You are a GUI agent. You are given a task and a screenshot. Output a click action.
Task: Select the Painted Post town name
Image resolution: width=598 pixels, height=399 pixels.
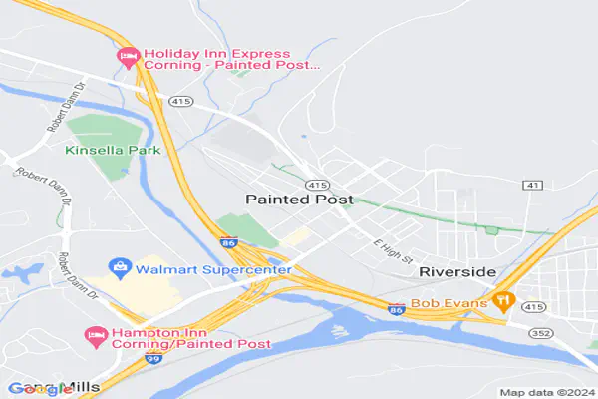(298, 199)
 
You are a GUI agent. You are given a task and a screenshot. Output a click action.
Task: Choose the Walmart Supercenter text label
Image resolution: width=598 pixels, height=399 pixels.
(213, 269)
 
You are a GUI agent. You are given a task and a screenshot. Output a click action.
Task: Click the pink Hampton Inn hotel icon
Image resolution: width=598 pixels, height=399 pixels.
(95, 333)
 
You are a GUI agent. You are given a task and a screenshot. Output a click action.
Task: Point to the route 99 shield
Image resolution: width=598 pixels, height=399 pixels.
(153, 356)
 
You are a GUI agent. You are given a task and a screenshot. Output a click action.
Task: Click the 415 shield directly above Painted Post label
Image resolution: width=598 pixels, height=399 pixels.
(318, 185)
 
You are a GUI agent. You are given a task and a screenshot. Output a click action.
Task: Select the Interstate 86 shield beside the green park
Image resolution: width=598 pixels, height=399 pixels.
(229, 242)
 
